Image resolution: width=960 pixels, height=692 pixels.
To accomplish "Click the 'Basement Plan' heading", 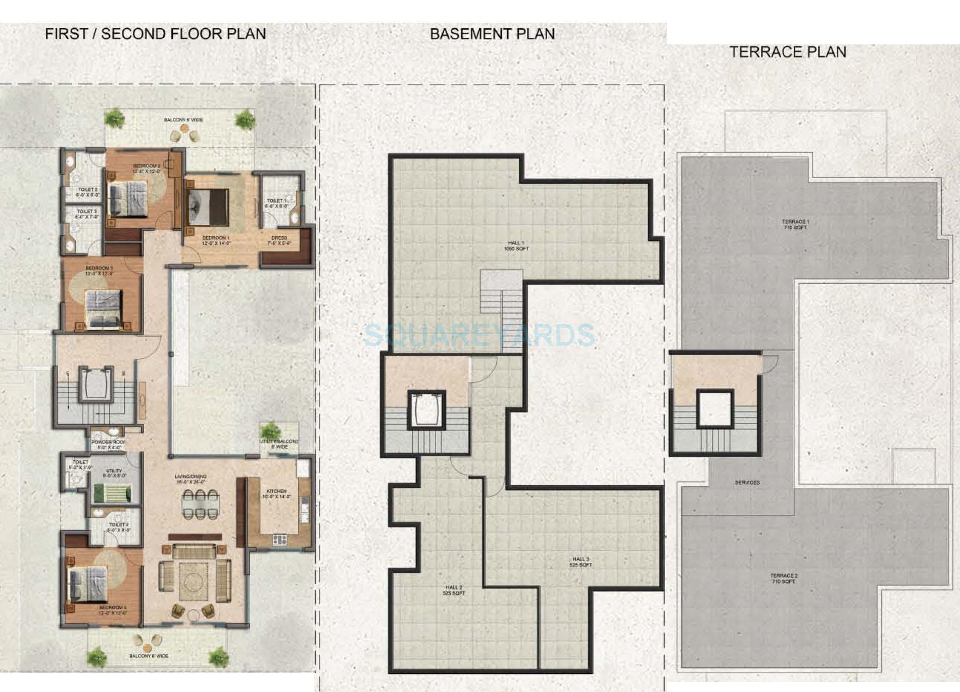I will (x=492, y=34).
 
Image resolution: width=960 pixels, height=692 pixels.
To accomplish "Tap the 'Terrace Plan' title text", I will (x=787, y=52).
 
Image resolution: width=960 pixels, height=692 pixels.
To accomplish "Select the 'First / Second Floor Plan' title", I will (x=155, y=34).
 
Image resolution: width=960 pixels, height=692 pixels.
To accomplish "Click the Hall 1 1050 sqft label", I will (x=516, y=246).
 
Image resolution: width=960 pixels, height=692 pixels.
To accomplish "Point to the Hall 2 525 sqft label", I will (x=454, y=590).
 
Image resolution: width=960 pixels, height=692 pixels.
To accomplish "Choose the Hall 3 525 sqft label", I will (x=581, y=562).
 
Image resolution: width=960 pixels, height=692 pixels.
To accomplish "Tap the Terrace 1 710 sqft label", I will (x=795, y=225).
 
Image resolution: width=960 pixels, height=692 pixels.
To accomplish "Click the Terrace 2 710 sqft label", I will (x=784, y=578).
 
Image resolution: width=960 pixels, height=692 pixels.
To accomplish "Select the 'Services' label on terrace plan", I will (x=747, y=483).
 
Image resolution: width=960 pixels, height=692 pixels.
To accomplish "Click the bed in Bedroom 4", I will (x=88, y=584).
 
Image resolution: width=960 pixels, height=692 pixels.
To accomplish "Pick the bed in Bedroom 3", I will (x=104, y=308).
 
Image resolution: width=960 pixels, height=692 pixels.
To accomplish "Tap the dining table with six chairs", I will (x=201, y=504).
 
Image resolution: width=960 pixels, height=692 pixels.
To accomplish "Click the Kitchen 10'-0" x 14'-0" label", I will (x=276, y=494).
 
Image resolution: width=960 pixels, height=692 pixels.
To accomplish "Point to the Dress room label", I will (x=279, y=240).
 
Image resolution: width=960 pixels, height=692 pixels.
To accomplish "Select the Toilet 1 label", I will (x=276, y=203).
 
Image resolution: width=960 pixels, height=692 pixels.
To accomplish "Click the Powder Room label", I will (x=108, y=444).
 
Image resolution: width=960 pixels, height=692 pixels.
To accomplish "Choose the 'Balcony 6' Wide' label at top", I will (x=183, y=120).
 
